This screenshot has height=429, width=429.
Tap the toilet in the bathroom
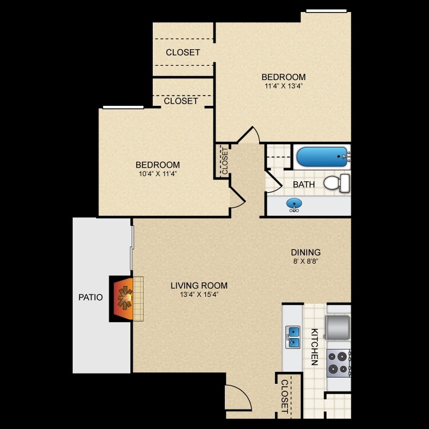click(337, 183)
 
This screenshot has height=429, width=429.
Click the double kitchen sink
click(293, 337)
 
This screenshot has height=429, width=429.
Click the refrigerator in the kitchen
click(338, 327)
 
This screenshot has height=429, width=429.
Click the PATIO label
click(90, 297)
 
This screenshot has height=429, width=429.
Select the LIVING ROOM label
click(199, 285)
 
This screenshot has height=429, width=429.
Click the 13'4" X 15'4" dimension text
click(199, 295)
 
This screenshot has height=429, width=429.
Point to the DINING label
click(305, 252)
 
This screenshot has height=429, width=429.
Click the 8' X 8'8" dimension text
click(305, 261)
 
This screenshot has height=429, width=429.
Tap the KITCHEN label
click(314, 347)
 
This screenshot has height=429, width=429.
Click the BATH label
click(304, 185)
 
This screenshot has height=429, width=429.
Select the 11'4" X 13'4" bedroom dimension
click(283, 86)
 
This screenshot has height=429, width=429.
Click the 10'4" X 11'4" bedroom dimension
click(158, 174)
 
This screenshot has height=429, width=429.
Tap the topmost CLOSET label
click(183, 53)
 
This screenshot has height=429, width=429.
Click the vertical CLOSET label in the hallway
click(224, 161)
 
